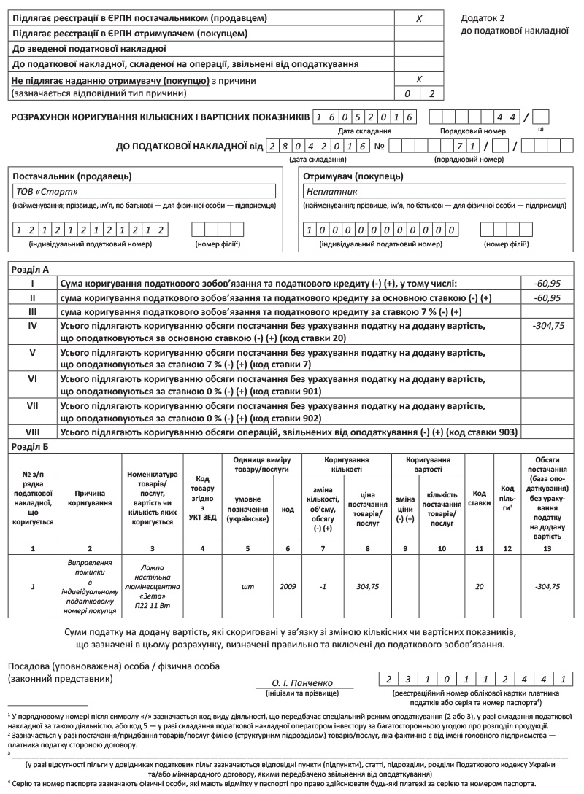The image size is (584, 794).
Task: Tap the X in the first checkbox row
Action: (419, 17)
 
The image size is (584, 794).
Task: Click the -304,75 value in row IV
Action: (547, 326)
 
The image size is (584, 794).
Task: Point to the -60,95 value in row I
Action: (547, 283)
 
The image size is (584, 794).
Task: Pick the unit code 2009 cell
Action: (288, 585)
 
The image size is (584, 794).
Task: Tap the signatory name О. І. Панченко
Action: (307, 682)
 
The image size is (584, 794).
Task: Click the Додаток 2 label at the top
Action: (483, 17)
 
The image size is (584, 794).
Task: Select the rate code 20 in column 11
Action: (479, 585)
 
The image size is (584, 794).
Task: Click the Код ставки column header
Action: (479, 498)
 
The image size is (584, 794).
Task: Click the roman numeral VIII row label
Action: (32, 432)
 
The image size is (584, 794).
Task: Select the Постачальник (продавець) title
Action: (72, 176)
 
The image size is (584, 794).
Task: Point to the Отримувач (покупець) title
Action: (354, 176)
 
